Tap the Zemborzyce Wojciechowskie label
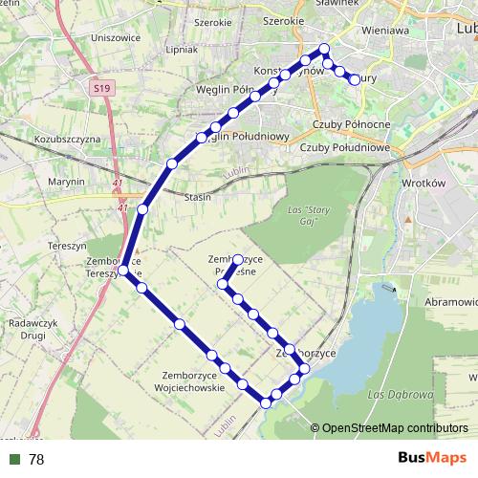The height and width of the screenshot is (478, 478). point(194,381)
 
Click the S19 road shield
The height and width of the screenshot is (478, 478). point(102,87)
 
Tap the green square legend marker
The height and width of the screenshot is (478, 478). point(14,459)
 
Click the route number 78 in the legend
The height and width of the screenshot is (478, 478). point(36,459)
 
